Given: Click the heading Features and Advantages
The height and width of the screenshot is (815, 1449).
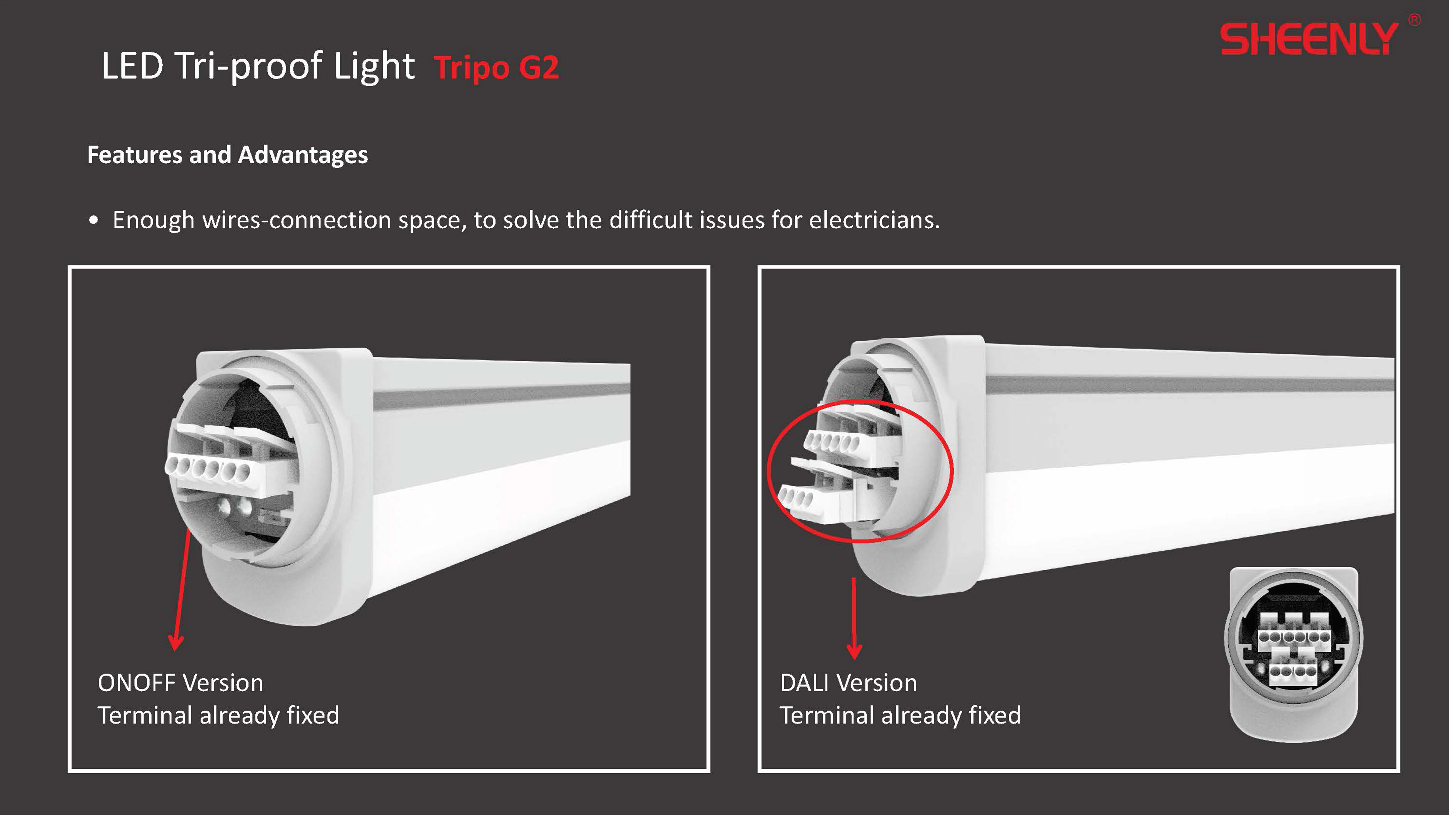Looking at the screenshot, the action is point(227,155).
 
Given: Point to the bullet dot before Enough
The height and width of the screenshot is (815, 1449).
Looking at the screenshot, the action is point(94,220).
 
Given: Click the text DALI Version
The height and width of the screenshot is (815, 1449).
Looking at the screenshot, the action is point(848,683).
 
